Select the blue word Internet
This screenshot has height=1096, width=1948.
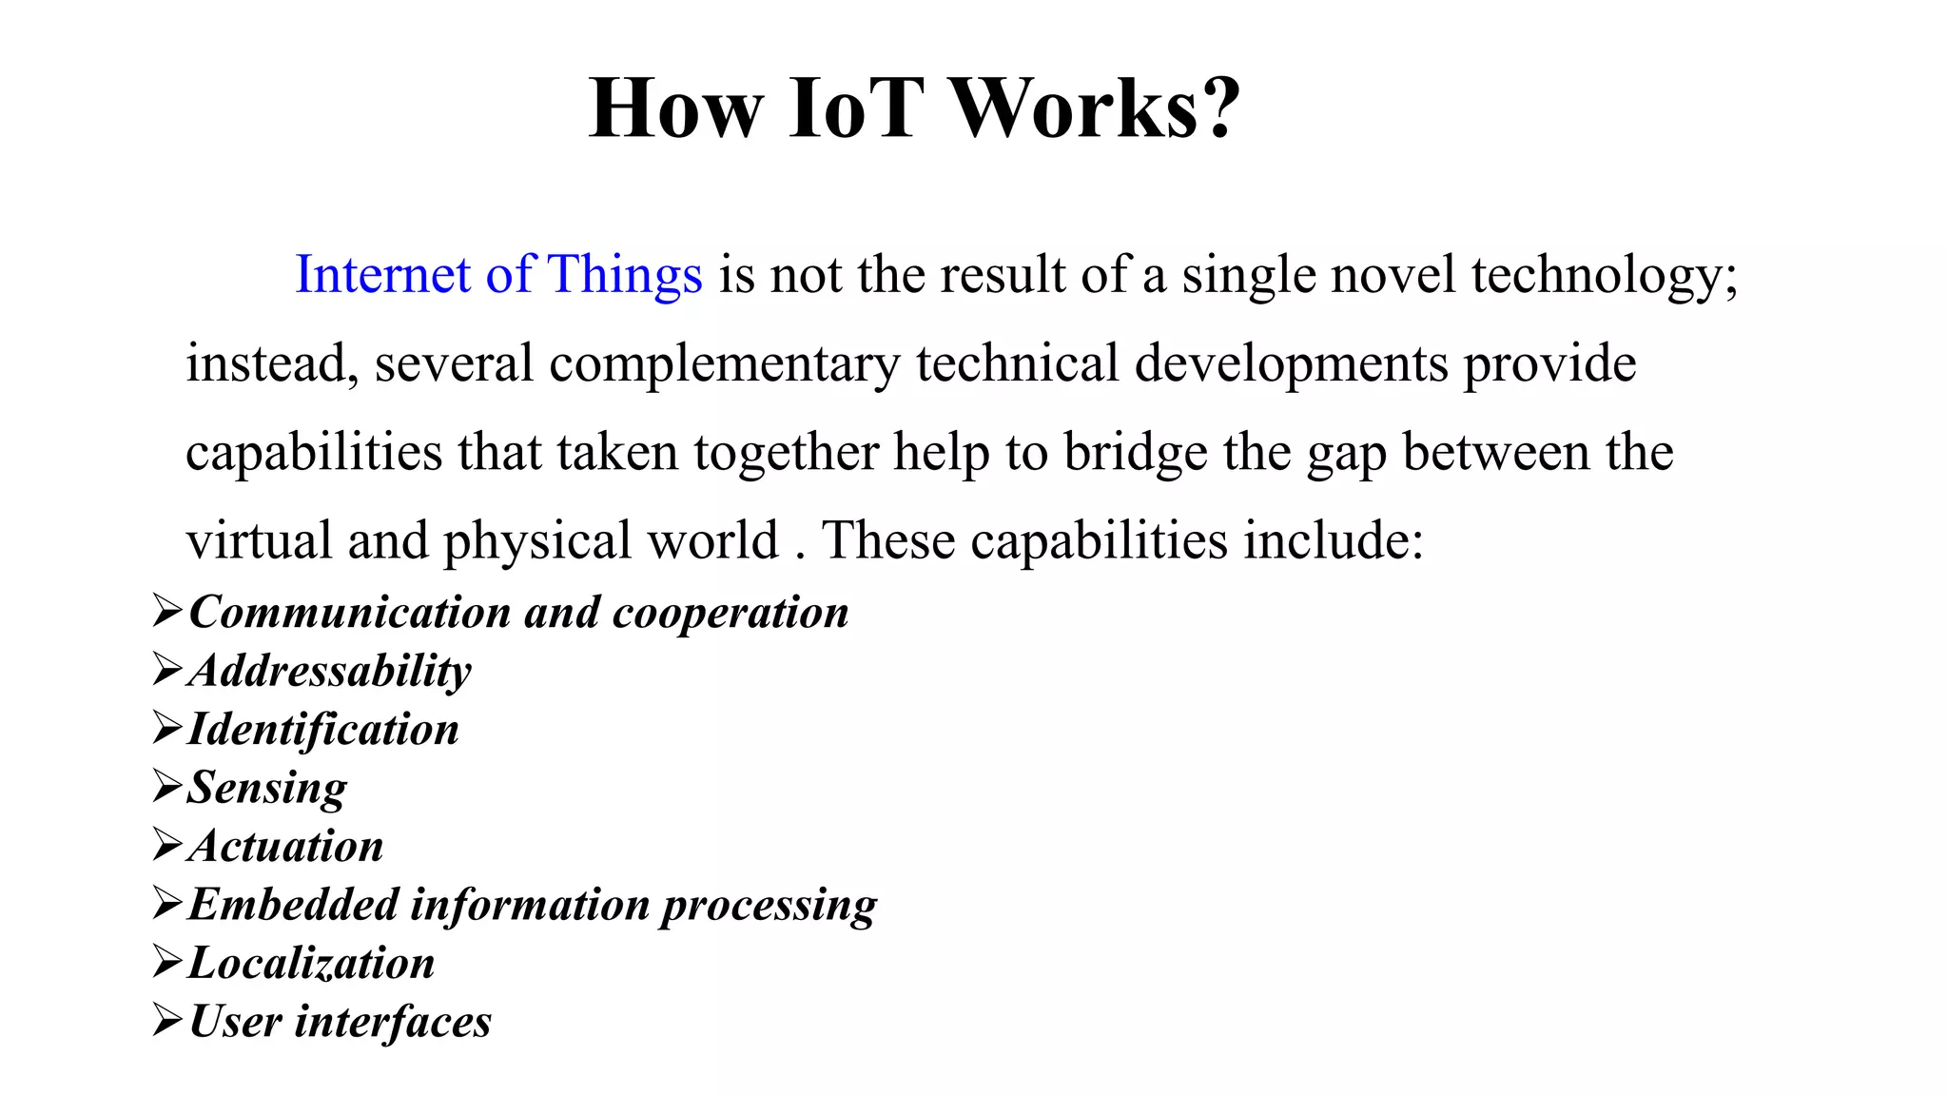coord(382,275)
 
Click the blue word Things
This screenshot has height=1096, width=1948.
coord(625,275)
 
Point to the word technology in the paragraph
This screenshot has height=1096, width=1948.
coord(1604,277)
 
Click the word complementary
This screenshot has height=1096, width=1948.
coord(724,365)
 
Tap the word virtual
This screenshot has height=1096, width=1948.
coord(258,540)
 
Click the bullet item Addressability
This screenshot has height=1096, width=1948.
coord(330,672)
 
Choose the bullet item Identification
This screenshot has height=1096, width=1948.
coord(323,730)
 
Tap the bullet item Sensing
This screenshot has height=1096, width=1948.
coord(267,789)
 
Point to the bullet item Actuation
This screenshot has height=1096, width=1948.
coord(286,847)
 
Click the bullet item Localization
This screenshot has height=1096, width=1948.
coord(312,963)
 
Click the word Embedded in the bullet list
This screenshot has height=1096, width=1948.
coord(293,905)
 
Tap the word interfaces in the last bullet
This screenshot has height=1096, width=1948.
coord(393,1023)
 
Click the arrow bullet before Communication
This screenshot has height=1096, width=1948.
coord(167,611)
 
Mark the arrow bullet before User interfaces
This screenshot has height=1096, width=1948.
coord(167,1021)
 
